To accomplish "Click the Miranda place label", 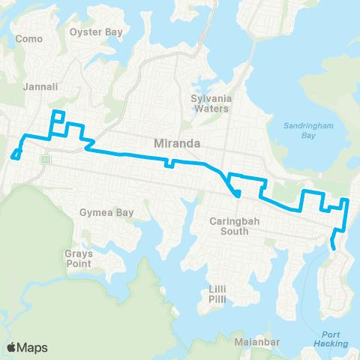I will (x=175, y=142).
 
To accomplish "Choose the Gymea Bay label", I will (x=106, y=212).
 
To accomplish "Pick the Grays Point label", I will (x=78, y=259).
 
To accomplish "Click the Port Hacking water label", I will (x=333, y=339).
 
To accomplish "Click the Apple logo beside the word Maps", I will (x=12, y=346).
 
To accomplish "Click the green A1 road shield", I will (x=46, y=159).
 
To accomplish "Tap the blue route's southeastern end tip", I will (x=334, y=246).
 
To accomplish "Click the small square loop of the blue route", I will (x=58, y=115).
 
